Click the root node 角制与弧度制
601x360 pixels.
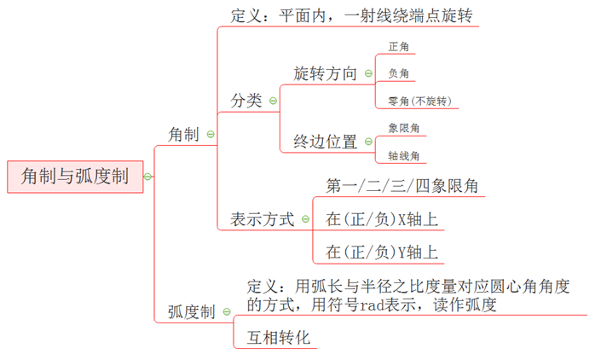(x=74, y=177)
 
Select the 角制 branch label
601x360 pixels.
(x=183, y=134)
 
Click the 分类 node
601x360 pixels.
(x=246, y=101)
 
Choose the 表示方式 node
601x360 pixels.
(x=262, y=219)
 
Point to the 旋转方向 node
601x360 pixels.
(x=325, y=73)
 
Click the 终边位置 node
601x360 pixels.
(x=325, y=142)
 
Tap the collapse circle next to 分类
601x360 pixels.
(x=273, y=101)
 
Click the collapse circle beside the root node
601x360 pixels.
(x=148, y=177)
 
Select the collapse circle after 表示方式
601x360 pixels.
(x=305, y=220)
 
